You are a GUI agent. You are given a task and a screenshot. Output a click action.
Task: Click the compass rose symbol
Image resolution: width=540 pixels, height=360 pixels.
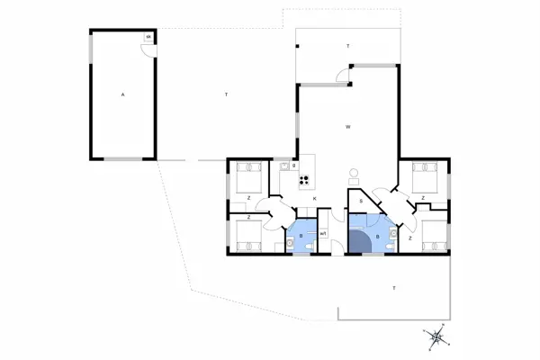(436, 337)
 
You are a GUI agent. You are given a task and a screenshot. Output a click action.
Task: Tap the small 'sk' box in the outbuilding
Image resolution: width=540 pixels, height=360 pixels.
(148, 37)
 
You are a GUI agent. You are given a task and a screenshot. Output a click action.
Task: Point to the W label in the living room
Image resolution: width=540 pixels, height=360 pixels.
(347, 127)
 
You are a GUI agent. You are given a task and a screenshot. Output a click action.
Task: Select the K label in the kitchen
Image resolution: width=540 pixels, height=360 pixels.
(313, 198)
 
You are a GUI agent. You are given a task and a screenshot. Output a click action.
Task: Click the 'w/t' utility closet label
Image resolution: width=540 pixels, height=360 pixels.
(323, 233)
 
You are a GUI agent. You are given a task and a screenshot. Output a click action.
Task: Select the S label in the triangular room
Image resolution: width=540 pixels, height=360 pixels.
(360, 202)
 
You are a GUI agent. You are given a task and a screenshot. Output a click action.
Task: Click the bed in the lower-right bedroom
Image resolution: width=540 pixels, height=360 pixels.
(429, 233)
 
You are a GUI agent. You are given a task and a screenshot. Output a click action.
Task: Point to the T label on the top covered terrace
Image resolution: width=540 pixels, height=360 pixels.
(347, 45)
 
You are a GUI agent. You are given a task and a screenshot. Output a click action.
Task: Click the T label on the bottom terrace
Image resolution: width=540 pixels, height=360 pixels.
(393, 287)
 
